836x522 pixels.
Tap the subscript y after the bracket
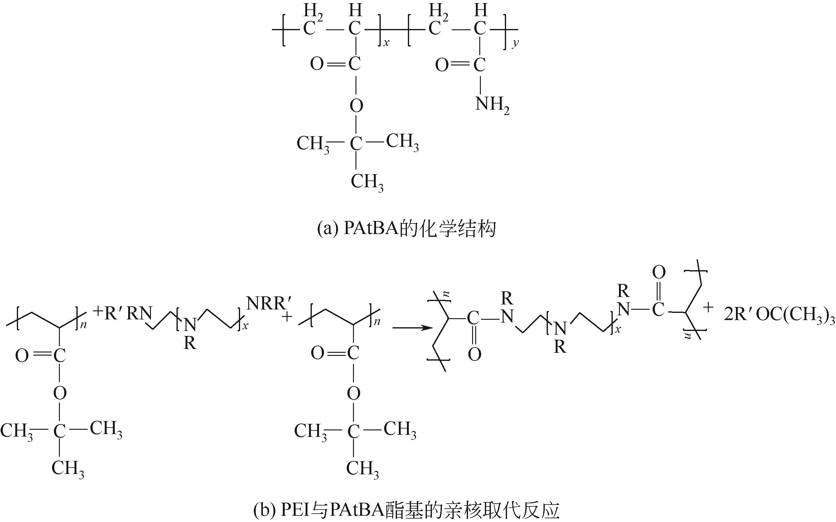[x=515, y=43]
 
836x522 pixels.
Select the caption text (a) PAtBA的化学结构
[x=406, y=229]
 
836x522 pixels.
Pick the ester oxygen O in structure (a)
[x=356, y=105]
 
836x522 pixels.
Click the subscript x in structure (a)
[x=386, y=43]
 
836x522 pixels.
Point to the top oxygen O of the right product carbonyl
[x=659, y=272]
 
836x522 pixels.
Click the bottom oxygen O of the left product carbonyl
[x=474, y=355]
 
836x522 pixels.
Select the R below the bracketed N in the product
[x=560, y=347]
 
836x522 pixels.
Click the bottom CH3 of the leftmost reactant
[x=68, y=469]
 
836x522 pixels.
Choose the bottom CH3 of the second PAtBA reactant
[x=362, y=469]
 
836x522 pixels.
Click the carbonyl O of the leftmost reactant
[x=22, y=356]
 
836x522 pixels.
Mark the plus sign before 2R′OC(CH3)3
[x=708, y=307]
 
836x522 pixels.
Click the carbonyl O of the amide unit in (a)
[x=442, y=65]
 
